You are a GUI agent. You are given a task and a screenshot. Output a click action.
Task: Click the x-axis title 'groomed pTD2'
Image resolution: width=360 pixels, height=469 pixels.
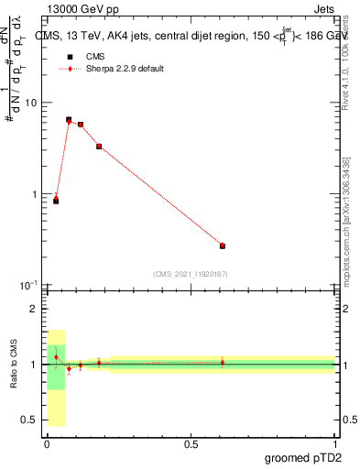coord(305,457)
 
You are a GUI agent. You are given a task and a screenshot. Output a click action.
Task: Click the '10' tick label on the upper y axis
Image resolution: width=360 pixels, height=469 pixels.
coord(33,103)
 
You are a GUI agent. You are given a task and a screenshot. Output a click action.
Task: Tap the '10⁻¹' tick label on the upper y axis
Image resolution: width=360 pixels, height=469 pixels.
coord(30,285)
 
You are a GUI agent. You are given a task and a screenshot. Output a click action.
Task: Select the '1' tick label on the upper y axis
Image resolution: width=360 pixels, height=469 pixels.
coord(36,194)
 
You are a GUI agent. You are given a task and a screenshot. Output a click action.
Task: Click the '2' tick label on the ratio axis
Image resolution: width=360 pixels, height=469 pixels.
coord(36,309)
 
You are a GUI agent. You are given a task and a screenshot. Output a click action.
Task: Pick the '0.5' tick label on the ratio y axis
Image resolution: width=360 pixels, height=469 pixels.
coord(31,420)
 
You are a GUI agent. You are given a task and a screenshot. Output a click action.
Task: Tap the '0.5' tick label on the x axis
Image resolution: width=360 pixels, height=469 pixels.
coord(191,443)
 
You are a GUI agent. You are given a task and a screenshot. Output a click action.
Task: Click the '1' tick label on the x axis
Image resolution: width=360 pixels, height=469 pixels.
coord(334,443)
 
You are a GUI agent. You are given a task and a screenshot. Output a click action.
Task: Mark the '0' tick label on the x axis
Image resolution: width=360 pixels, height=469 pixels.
coord(47,443)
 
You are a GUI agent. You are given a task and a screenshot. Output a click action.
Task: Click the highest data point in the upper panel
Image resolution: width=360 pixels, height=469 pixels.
coord(69,120)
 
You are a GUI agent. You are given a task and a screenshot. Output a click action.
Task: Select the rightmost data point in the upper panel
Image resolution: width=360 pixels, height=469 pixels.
coord(223,245)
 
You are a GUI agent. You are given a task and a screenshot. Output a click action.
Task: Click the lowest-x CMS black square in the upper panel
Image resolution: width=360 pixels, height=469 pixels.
coord(56,201)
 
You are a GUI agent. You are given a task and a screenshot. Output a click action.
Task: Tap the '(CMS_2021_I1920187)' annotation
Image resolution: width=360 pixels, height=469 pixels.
coord(191,274)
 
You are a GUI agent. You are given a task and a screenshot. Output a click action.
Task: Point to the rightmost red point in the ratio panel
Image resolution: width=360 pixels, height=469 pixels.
coord(223,362)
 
